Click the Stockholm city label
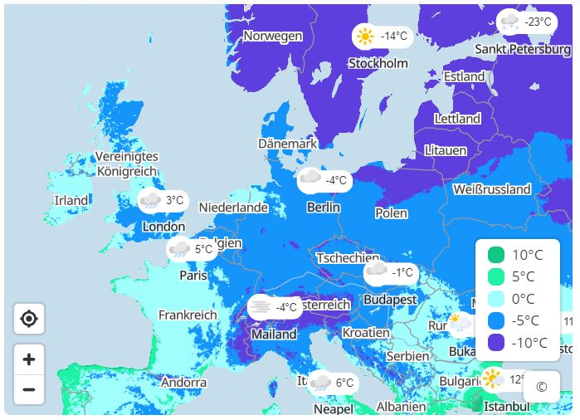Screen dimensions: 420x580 pos(378,63)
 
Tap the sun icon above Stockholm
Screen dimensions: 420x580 pos(364,37)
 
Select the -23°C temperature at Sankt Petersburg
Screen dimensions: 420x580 pos(539,22)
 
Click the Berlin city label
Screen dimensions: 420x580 pos(323,207)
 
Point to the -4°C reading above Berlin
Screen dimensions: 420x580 pos(336,180)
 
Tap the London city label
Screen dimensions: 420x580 pos(163,227)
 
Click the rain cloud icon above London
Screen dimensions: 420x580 pos(150,200)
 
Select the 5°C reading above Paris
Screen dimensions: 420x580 pos(204,249)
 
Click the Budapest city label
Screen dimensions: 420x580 pos(390,299)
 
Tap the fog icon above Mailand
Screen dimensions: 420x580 pos(261,307)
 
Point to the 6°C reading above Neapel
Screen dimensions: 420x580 pos(345,383)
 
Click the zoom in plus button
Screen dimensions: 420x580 pos(29,359)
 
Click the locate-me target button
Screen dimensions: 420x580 pos(29,319)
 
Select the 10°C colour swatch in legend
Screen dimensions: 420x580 pos(496,255)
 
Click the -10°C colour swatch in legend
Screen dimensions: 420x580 pos(496,342)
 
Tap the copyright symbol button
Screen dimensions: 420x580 pos(542,387)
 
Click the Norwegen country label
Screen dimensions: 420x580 pos(272,36)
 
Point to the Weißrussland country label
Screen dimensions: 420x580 pos(492,189)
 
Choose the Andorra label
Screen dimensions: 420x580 pos(183,383)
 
